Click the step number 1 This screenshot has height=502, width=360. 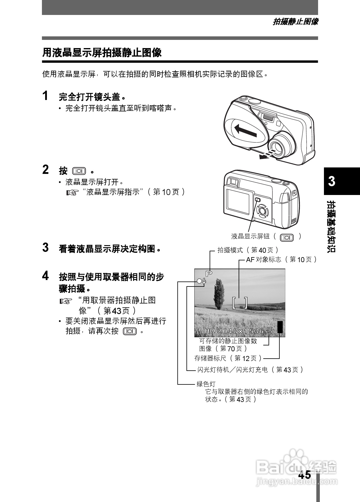[45, 96]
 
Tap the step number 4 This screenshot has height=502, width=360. [45, 276]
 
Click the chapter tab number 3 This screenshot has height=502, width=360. [332, 181]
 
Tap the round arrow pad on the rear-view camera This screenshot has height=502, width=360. [262, 211]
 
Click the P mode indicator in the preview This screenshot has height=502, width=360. [209, 274]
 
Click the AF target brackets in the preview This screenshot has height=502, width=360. [240, 303]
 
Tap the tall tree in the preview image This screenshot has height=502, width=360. [218, 293]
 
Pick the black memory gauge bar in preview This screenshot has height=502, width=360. [280, 327]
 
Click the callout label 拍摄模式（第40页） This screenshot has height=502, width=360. [248, 250]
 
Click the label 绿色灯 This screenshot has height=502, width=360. [206, 384]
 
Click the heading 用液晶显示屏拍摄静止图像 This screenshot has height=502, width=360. [102, 53]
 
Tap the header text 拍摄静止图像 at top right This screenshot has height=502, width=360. [295, 22]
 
